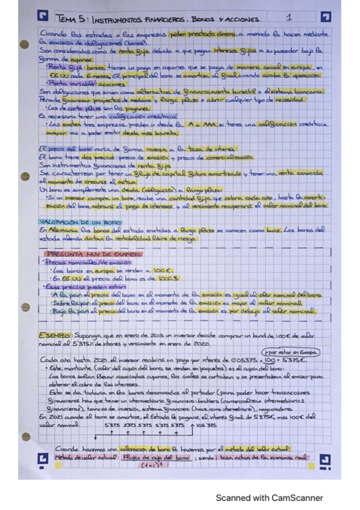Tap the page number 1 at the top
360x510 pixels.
(x=289, y=18)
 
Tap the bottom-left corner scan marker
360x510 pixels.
(x=41, y=460)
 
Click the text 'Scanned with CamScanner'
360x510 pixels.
(x=269, y=498)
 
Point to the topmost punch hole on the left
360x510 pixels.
(x=24, y=44)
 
